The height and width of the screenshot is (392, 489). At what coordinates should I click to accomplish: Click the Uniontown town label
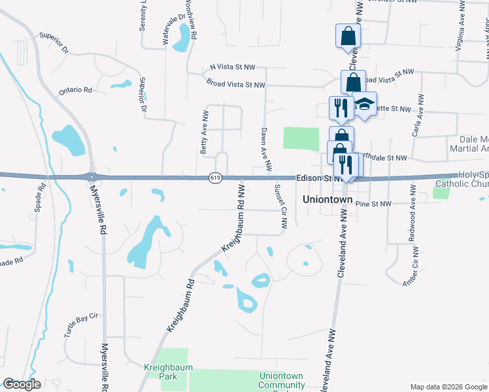click(328, 199)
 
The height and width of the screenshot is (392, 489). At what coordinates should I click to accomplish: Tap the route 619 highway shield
click(214, 177)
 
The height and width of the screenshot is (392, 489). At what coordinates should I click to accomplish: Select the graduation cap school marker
click(365, 105)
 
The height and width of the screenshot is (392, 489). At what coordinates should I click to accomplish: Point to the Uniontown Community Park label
click(282, 381)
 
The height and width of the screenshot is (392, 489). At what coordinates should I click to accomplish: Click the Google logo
click(22, 384)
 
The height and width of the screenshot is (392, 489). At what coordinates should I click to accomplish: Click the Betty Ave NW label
click(205, 129)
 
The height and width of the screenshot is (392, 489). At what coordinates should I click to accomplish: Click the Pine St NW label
click(373, 204)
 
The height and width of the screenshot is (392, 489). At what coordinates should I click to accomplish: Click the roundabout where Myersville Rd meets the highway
click(92, 176)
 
